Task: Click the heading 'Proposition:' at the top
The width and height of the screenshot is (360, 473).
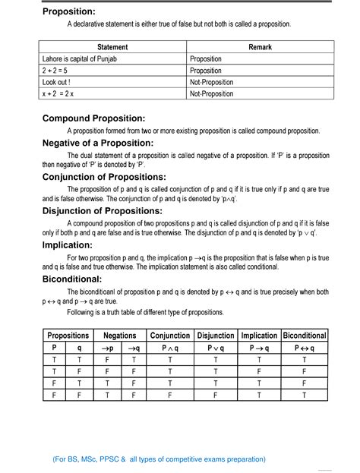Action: coord(69,11)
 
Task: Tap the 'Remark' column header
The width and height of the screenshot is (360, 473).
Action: coord(259,47)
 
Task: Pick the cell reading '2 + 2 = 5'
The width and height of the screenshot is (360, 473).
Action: coord(58,70)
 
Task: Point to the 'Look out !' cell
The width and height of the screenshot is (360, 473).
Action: coord(57,81)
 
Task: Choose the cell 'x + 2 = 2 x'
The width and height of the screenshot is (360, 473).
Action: coord(63,93)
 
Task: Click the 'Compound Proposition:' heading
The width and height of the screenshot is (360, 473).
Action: coord(93,118)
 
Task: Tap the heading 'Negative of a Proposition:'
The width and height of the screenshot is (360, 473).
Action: coord(98,143)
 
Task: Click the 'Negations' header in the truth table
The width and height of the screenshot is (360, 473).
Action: coord(120,335)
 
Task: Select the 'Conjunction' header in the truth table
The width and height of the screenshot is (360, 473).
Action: coord(170,335)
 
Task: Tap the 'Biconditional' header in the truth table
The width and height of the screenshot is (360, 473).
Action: coord(305,335)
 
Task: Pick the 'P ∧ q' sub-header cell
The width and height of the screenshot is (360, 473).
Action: coord(170,348)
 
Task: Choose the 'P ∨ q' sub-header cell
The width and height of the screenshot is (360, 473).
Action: coord(216,348)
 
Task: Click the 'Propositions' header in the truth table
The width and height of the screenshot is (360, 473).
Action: coord(68,335)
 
